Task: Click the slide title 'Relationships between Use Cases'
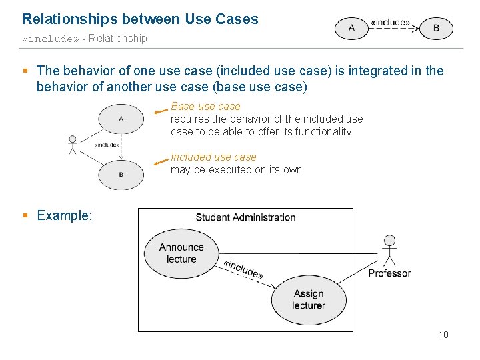pyautogui.click(x=140, y=19)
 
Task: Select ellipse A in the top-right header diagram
pyautogui.click(x=351, y=28)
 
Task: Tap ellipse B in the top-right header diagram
pyautogui.click(x=436, y=28)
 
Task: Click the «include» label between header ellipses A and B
pyautogui.click(x=391, y=22)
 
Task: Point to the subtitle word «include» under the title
pyautogui.click(x=51, y=39)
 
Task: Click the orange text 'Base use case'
pyautogui.click(x=205, y=106)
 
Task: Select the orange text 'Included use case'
pyautogui.click(x=213, y=157)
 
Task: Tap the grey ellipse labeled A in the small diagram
pyautogui.click(x=121, y=119)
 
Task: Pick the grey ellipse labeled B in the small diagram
pyautogui.click(x=121, y=175)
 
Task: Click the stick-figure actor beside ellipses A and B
pyautogui.click(x=72, y=145)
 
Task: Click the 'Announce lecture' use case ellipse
pyautogui.click(x=181, y=253)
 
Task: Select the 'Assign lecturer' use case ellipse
pyautogui.click(x=308, y=299)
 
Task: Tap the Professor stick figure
pyautogui.click(x=389, y=250)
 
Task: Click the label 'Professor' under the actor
pyautogui.click(x=389, y=273)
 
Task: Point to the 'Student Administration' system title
pyautogui.click(x=245, y=217)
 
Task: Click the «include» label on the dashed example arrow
pyautogui.click(x=243, y=267)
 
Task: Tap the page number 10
pyautogui.click(x=443, y=335)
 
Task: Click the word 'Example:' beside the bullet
pyautogui.click(x=65, y=215)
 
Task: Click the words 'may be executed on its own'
pyautogui.click(x=236, y=170)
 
